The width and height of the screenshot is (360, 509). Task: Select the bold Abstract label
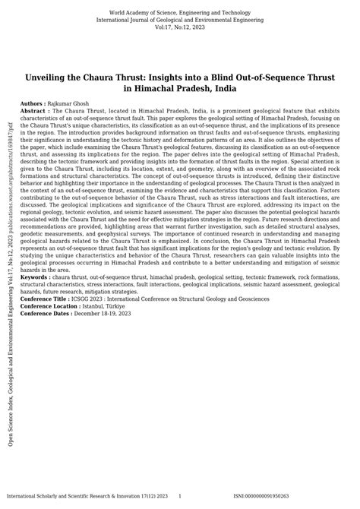pos(36,109)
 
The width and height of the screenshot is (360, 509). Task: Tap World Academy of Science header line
pos(180,13)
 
